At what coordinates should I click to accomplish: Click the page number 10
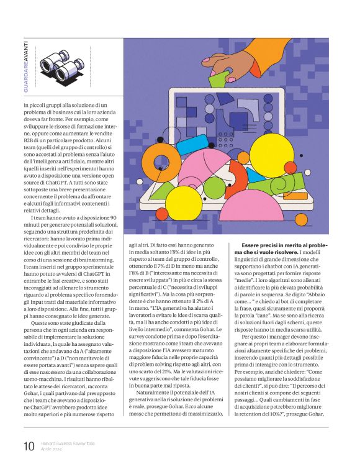[29, 445]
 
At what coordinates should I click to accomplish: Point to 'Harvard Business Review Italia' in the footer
[68, 442]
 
